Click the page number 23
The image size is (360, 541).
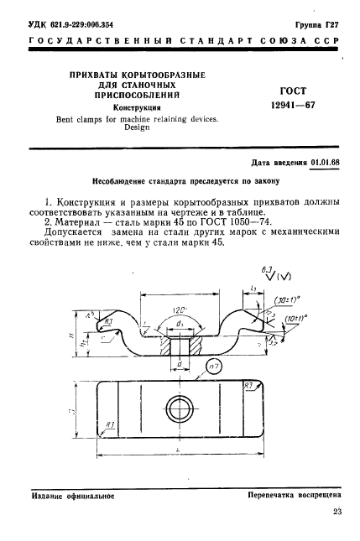click(337, 512)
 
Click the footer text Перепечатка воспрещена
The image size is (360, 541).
click(294, 496)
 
